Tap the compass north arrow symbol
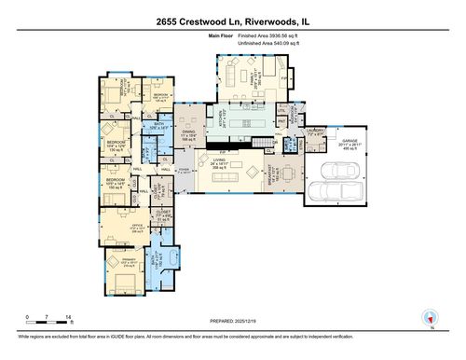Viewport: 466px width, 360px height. tap(429, 317)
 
